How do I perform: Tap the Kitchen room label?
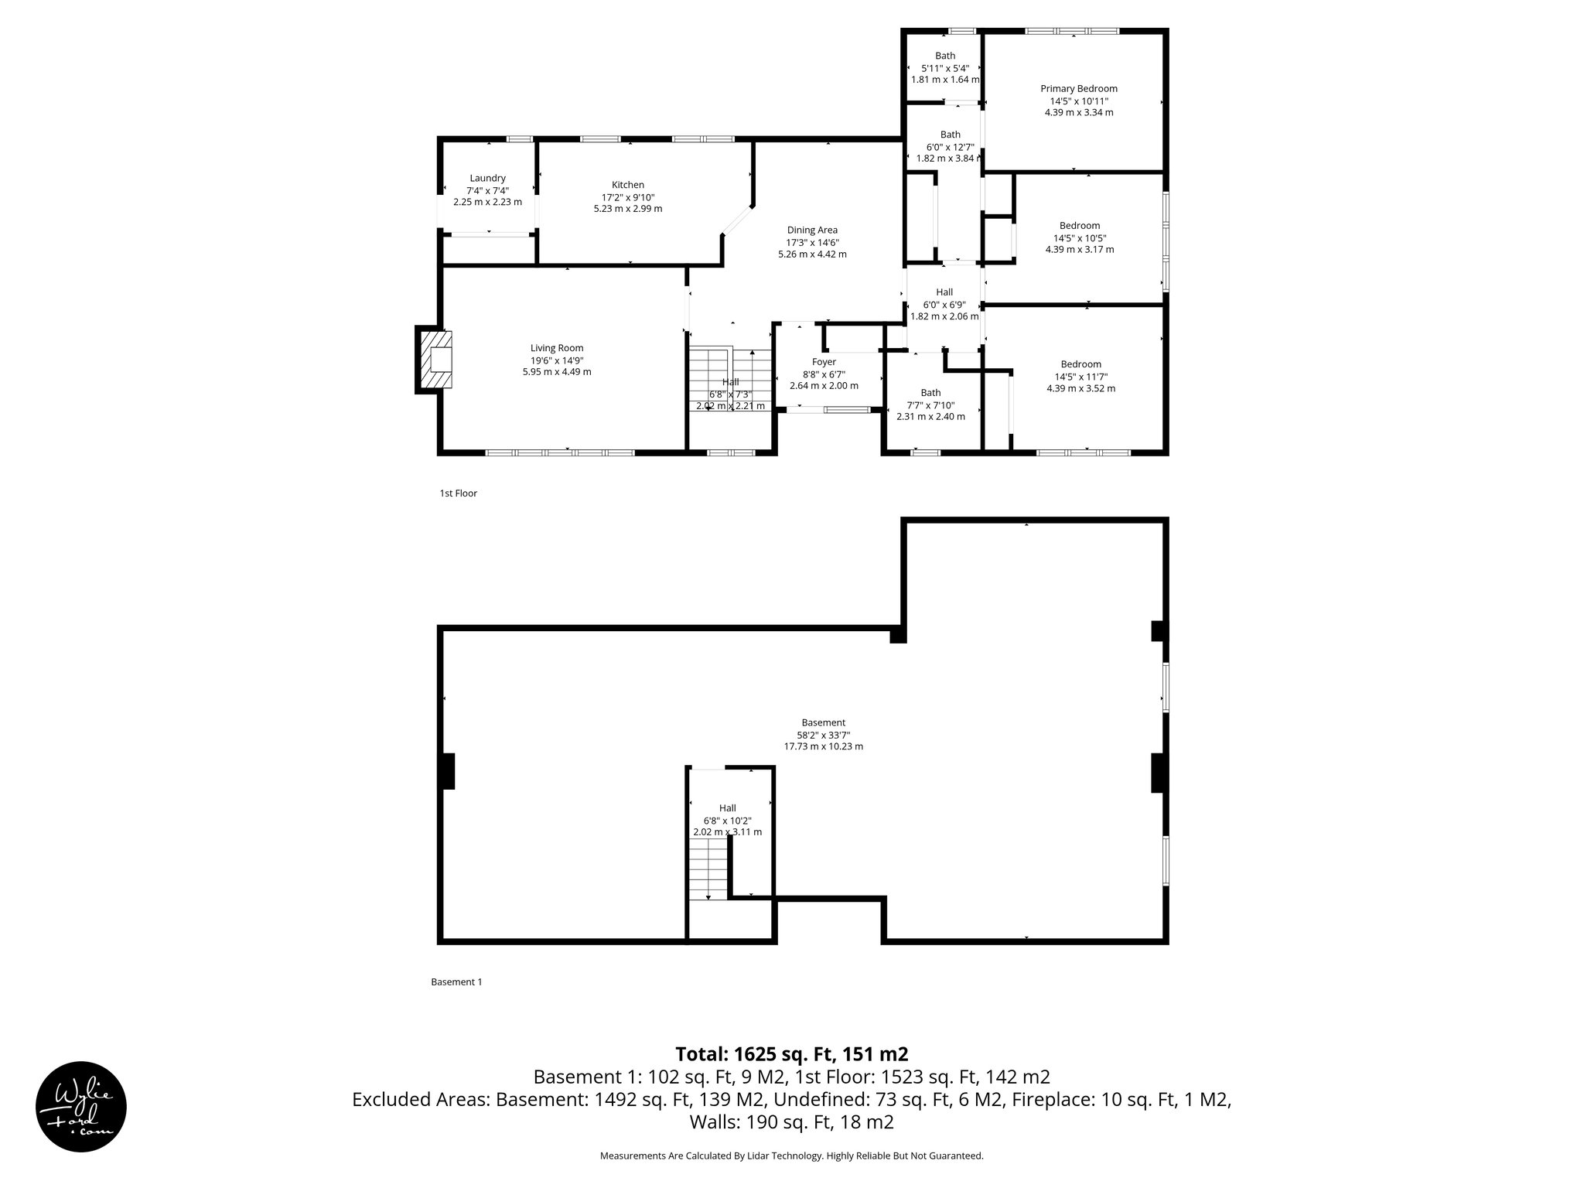pyautogui.click(x=627, y=185)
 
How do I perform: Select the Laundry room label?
pyautogui.click(x=487, y=178)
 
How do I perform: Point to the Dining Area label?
pyautogui.click(x=812, y=230)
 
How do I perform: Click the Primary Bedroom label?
pyautogui.click(x=1078, y=89)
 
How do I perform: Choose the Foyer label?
pyautogui.click(x=824, y=362)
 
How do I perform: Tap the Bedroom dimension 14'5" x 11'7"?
pyautogui.click(x=1080, y=377)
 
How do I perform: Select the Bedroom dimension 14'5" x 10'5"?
pyautogui.click(x=1080, y=238)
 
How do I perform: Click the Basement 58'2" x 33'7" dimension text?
pyautogui.click(x=823, y=736)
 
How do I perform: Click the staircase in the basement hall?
pyautogui.click(x=709, y=870)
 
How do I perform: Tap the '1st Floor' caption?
pyautogui.click(x=458, y=493)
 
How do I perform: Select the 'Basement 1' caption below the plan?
pyautogui.click(x=456, y=982)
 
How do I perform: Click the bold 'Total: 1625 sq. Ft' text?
pyautogui.click(x=791, y=1054)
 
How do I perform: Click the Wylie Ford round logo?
pyautogui.click(x=81, y=1106)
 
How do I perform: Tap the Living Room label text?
pyautogui.click(x=557, y=348)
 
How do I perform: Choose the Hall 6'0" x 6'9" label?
pyautogui.click(x=944, y=292)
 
